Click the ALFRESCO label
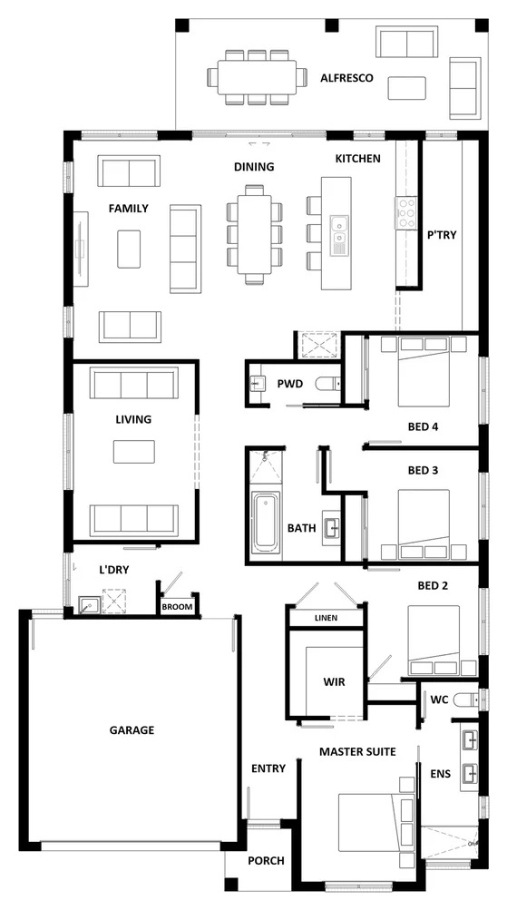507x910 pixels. (x=346, y=79)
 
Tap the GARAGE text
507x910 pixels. (x=132, y=729)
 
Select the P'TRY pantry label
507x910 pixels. (x=441, y=234)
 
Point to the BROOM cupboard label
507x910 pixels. (x=178, y=608)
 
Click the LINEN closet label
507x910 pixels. (x=325, y=618)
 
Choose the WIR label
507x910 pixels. (x=333, y=680)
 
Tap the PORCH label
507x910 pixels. (x=266, y=861)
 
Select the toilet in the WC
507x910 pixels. (x=466, y=700)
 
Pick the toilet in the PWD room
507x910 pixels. (x=325, y=386)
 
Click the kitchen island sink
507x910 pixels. (x=339, y=233)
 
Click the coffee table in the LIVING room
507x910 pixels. (x=133, y=452)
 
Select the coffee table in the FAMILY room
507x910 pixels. (x=129, y=248)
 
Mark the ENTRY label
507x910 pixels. (x=268, y=768)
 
